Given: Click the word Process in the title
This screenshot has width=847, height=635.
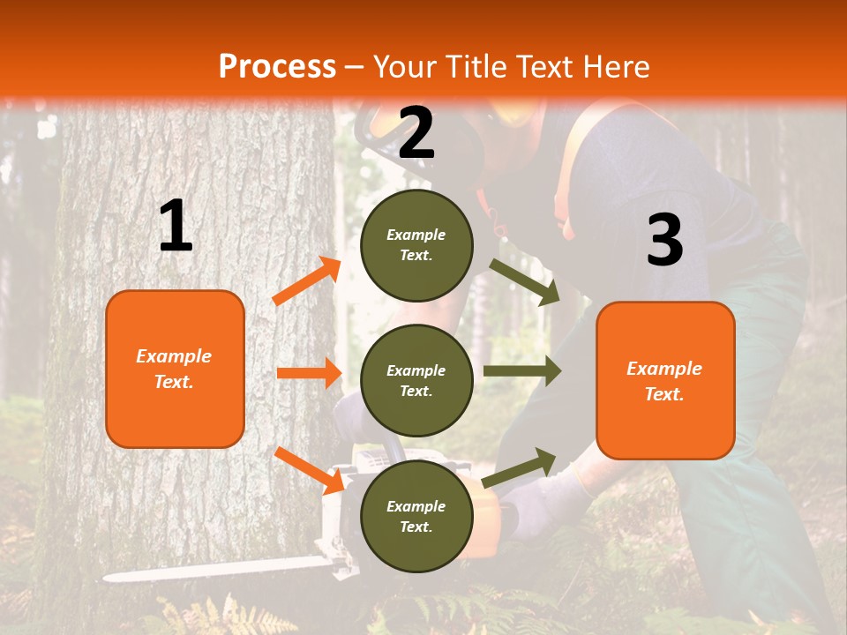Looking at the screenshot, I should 277,67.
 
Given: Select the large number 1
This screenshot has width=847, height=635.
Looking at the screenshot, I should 176,227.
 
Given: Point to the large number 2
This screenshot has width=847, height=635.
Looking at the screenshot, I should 416,134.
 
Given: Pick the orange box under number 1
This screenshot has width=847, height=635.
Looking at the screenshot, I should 175,369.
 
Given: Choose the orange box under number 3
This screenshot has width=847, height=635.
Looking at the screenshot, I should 665,380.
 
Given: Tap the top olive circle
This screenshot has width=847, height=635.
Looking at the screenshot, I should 416,245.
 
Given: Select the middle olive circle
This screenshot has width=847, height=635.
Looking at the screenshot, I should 416,380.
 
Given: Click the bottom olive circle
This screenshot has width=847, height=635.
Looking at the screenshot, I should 416,516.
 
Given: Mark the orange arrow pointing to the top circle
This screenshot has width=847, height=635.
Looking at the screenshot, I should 307,280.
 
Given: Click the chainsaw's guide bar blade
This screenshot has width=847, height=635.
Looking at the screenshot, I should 212,571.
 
